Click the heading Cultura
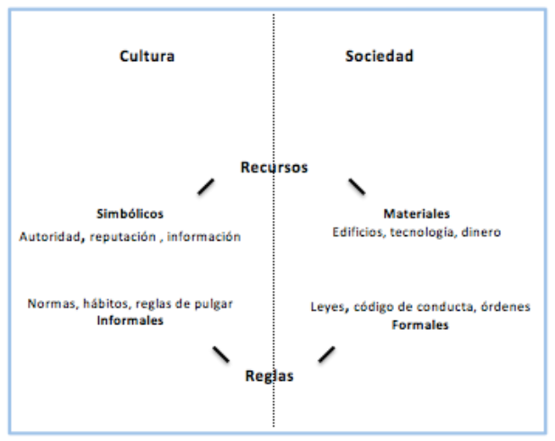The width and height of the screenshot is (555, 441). click(x=147, y=57)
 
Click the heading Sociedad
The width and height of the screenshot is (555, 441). click(x=379, y=57)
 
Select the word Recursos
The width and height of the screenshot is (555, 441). click(x=274, y=168)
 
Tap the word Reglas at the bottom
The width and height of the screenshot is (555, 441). click(x=270, y=376)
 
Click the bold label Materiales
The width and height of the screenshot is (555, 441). click(x=416, y=215)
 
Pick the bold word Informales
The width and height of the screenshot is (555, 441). click(x=131, y=321)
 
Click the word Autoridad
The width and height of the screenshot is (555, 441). click(x=49, y=237)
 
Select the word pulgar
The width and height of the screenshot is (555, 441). click(x=215, y=304)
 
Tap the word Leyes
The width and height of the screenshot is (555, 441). click(x=326, y=308)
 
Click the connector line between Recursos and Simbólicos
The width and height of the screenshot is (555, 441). click(x=206, y=187)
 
